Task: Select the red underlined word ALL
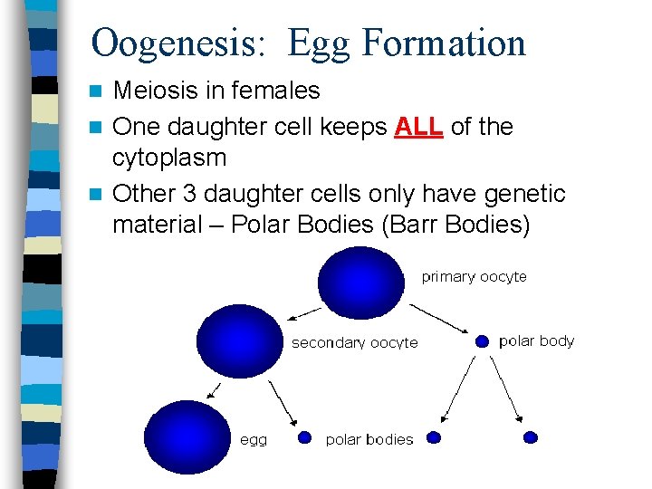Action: tap(419, 127)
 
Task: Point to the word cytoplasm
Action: tap(168, 158)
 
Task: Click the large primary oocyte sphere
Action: tap(361, 282)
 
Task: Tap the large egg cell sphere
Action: tap(187, 436)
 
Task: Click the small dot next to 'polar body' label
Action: tap(482, 341)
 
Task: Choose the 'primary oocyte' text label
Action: tap(474, 277)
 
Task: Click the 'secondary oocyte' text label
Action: tap(354, 343)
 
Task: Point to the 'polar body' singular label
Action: tap(536, 341)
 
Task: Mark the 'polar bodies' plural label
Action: tap(369, 440)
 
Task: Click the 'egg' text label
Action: tap(254, 440)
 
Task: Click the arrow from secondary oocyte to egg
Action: tap(215, 390)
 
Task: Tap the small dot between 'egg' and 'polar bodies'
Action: tap(305, 438)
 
